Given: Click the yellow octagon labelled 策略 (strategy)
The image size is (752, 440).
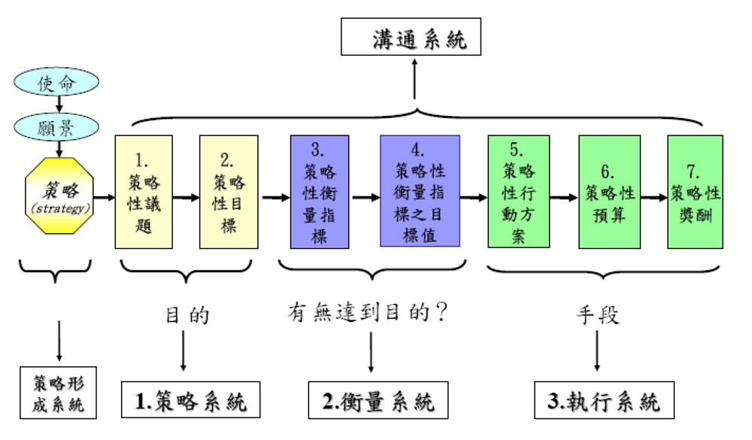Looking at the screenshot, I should pyautogui.click(x=59, y=194).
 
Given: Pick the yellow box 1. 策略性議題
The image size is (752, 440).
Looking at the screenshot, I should pyautogui.click(x=143, y=192).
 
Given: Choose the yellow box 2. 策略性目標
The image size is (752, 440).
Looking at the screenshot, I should pyautogui.click(x=229, y=192).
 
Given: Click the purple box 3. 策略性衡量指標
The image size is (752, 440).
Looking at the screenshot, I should pyautogui.click(x=319, y=192).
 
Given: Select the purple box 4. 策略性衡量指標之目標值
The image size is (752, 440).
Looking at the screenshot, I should pyautogui.click(x=420, y=191).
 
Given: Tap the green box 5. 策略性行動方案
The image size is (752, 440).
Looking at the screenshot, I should pyautogui.click(x=517, y=192).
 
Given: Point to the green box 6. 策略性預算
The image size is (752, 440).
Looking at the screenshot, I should pyautogui.click(x=609, y=192).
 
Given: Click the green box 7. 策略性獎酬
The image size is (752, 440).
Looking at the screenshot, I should pyautogui.click(x=695, y=192).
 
